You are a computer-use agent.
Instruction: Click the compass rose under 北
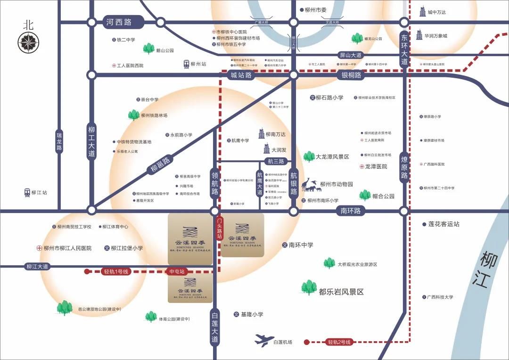point(28,43)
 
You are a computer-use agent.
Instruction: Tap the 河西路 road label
point(119,22)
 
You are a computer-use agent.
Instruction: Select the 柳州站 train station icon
point(187,64)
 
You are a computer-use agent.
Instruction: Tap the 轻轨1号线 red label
point(116,271)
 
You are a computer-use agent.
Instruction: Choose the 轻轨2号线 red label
point(340,342)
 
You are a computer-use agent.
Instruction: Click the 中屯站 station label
point(177,271)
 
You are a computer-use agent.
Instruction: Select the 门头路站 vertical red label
point(219,228)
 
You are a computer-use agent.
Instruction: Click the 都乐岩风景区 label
point(341,292)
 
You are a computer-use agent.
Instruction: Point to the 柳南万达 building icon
point(262,134)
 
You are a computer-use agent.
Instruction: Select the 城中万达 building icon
point(423,12)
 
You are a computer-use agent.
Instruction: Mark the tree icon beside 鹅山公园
point(149,48)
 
